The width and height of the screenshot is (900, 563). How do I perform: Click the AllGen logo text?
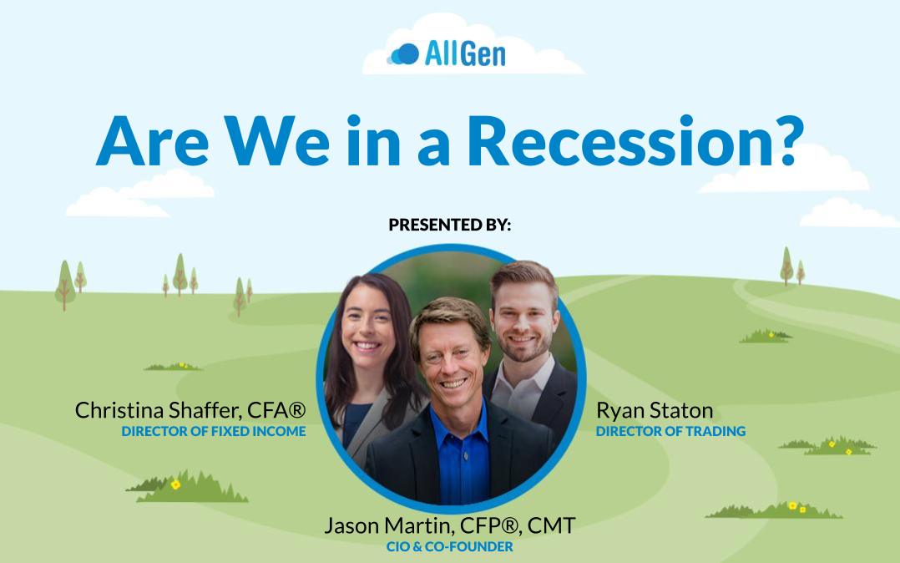pos(465,54)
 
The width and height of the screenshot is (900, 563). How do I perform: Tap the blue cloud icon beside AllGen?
pos(404,54)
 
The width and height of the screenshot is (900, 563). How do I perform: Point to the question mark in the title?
pos(785,140)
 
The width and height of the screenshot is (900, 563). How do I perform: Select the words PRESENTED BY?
pos(449,225)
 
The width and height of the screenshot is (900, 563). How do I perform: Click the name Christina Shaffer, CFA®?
pos(190,410)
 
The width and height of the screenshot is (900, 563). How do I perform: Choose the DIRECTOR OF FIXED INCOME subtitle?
pos(214,432)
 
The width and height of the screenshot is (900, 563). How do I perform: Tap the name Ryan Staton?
pos(655,410)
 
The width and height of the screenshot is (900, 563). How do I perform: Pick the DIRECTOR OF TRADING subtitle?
pos(670,432)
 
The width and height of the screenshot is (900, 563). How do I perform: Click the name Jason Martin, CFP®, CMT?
pos(449,525)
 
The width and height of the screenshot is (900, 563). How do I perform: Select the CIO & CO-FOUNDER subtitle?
pos(449,546)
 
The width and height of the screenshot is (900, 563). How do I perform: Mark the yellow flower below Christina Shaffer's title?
pos(175,484)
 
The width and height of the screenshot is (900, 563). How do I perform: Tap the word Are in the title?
pos(152,140)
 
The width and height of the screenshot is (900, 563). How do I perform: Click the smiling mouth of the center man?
pos(454,382)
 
